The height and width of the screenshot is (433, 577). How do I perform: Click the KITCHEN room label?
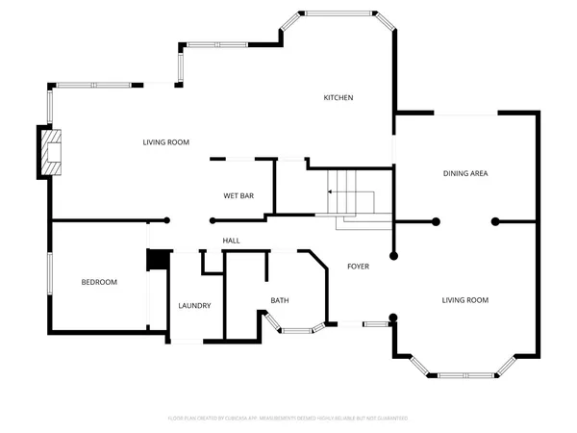pyautogui.click(x=339, y=98)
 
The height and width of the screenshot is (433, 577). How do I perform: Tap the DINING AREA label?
pyautogui.click(x=465, y=174)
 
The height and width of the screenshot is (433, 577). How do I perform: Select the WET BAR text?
pyautogui.click(x=238, y=195)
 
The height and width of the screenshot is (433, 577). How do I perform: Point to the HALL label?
pyautogui.click(x=231, y=241)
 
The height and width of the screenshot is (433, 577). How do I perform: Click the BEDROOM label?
pyautogui.click(x=98, y=282)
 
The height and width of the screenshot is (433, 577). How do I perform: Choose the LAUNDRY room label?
pyautogui.click(x=194, y=306)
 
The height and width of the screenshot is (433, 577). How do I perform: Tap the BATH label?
pyautogui.click(x=280, y=300)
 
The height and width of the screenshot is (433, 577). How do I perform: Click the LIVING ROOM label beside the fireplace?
pyautogui.click(x=165, y=142)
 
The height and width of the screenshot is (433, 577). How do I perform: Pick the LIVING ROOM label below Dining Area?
pyautogui.click(x=465, y=300)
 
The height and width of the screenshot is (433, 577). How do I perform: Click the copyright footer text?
pyautogui.click(x=288, y=419)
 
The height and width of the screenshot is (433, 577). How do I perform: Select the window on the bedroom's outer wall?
pyautogui.click(x=50, y=282)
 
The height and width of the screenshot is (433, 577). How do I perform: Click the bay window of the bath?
pyautogui.click(x=297, y=330)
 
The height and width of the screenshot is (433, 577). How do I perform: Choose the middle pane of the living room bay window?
pyautogui.click(x=464, y=373)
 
